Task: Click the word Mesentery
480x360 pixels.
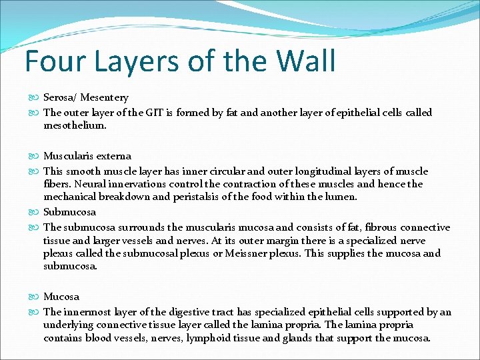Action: (x=105, y=98)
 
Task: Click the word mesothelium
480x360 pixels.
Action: (x=75, y=125)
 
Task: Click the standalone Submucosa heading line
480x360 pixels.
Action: (x=70, y=212)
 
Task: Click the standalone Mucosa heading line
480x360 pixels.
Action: (x=61, y=297)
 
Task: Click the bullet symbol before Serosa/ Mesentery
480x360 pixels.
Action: (x=36, y=98)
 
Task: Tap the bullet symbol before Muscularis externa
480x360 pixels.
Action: (x=36, y=156)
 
